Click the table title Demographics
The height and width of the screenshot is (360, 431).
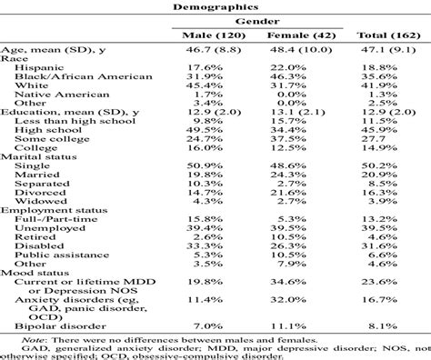[215, 5]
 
